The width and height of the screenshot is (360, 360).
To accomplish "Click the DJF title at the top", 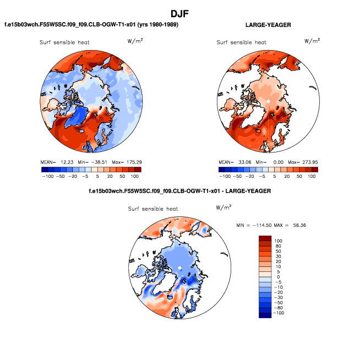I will (181, 13).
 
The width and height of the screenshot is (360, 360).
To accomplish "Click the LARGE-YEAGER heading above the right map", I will (268, 25).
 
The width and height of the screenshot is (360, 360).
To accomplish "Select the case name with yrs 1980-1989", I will (91, 25).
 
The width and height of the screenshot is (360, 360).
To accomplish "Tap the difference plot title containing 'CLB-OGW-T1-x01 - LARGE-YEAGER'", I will (180, 191).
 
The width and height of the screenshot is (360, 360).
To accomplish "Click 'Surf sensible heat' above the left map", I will (64, 42).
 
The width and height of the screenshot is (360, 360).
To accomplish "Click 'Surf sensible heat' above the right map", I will (242, 42).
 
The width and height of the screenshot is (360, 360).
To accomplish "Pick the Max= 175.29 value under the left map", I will (124, 162).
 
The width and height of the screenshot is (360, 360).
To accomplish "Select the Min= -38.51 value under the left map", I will (85, 162).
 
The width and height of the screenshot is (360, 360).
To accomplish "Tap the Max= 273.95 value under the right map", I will (301, 162).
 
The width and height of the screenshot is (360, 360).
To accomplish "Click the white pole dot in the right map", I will (268, 102).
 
